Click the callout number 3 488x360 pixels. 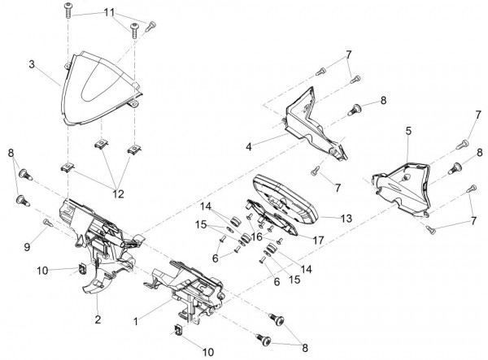[x=32, y=65]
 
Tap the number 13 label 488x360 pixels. [x=346, y=219]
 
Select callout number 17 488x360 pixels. [x=318, y=240]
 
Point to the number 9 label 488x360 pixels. [x=28, y=247]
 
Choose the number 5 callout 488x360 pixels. [x=408, y=131]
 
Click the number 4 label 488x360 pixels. [x=249, y=146]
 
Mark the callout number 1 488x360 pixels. [x=136, y=321]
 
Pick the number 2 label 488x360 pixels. [x=98, y=319]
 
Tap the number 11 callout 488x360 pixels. [x=109, y=13]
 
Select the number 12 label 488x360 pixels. [x=118, y=193]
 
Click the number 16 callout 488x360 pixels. [x=257, y=237]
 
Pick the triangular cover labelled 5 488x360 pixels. [x=402, y=188]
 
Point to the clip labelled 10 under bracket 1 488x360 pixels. [x=179, y=329]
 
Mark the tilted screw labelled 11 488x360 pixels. [x=150, y=27]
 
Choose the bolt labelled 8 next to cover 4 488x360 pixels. [x=355, y=110]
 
